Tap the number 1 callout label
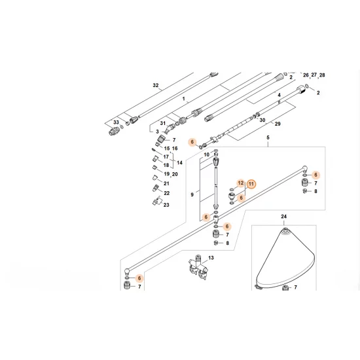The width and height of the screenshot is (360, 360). [185, 99]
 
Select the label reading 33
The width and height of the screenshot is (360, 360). [116, 122]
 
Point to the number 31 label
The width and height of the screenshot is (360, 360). [163, 124]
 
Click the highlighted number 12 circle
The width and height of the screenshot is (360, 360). [240, 183]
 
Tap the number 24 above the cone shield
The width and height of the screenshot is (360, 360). [284, 216]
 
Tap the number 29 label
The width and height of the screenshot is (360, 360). [277, 124]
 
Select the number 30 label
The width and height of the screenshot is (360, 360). [262, 120]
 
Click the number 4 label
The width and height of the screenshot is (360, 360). [279, 96]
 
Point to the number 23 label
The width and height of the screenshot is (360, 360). [166, 205]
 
